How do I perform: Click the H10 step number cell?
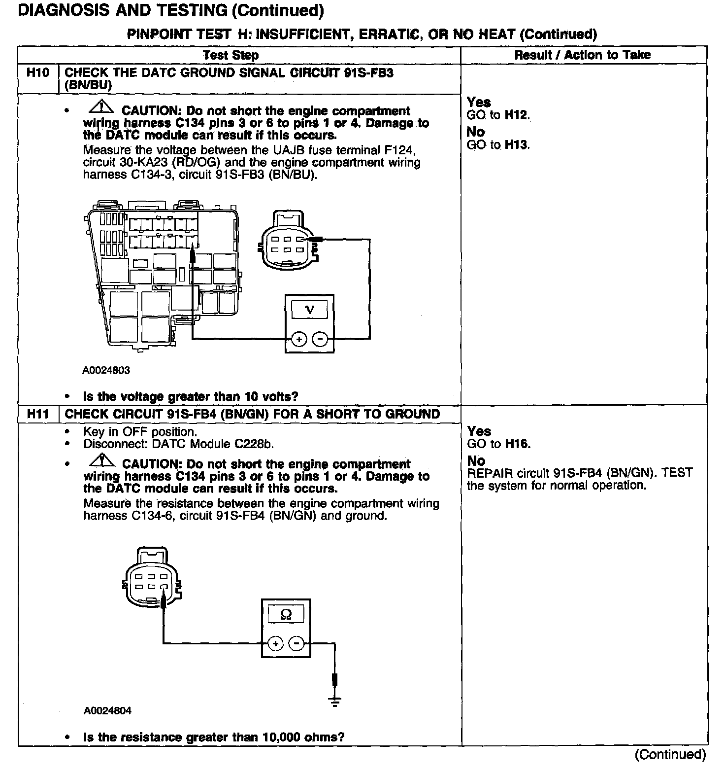(x=38, y=73)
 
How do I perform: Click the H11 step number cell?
(x=38, y=414)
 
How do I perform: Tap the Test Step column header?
(x=231, y=55)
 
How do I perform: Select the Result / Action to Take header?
(x=583, y=55)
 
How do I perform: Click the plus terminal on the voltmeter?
(x=299, y=339)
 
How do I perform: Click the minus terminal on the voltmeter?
(x=320, y=339)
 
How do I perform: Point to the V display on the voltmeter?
(x=309, y=310)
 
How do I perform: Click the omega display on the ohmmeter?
(x=286, y=614)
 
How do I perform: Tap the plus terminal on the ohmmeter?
(x=275, y=643)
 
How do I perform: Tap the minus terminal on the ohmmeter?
(x=296, y=643)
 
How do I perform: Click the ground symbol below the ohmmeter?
(x=335, y=702)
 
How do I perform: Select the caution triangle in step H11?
(x=101, y=460)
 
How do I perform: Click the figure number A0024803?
(x=106, y=370)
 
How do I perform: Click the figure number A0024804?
(x=107, y=711)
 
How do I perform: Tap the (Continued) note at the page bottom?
(x=670, y=754)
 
